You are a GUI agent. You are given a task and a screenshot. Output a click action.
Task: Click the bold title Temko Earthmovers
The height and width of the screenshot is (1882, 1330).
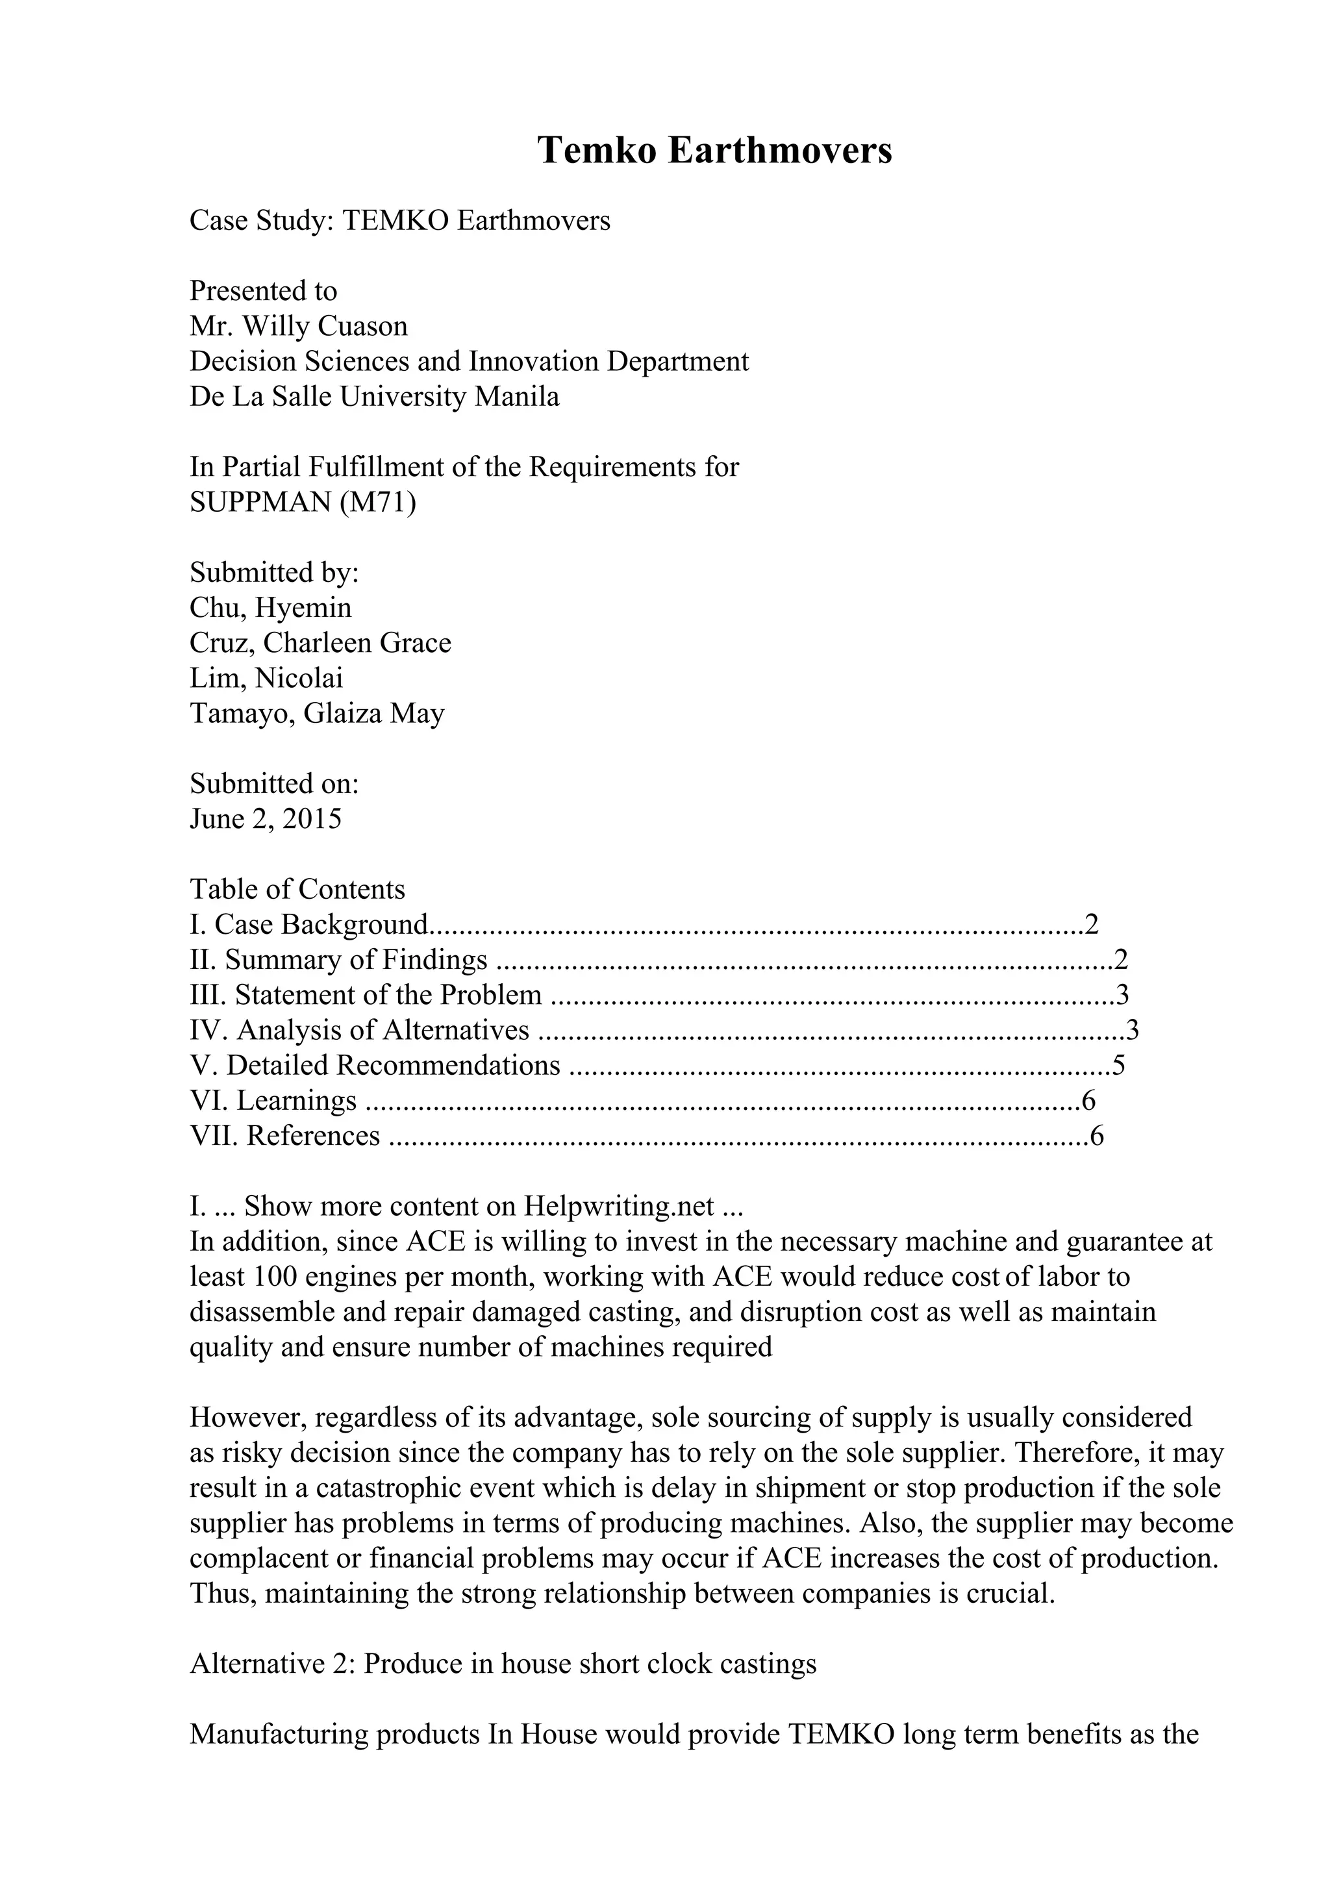[x=714, y=151]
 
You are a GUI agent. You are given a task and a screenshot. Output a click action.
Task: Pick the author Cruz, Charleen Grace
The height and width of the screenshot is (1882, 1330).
[x=320, y=644]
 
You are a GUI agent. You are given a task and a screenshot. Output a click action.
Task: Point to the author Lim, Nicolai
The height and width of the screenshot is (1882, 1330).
[x=266, y=679]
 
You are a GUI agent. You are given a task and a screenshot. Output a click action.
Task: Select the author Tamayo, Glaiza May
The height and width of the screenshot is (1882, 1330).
[x=316, y=714]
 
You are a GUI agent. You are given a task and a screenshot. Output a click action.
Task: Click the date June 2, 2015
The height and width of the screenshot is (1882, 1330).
[x=266, y=819]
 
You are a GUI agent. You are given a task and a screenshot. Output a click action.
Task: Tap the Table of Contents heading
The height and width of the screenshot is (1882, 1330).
[x=297, y=889]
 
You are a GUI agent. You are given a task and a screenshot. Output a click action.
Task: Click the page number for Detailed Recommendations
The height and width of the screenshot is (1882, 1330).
[x=1118, y=1066]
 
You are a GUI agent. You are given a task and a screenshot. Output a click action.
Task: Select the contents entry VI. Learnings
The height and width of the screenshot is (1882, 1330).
[x=273, y=1101]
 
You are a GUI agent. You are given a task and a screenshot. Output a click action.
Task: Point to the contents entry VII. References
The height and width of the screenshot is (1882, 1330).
[x=284, y=1136]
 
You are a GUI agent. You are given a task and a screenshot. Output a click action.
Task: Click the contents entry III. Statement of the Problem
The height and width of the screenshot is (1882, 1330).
[x=366, y=995]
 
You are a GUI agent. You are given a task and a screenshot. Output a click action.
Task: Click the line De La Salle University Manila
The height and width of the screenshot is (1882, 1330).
[x=375, y=397]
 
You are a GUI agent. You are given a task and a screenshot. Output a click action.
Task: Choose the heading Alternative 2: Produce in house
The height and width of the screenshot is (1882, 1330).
[x=503, y=1664]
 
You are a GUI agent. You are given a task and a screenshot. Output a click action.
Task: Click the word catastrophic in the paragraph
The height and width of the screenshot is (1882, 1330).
[x=403, y=1488]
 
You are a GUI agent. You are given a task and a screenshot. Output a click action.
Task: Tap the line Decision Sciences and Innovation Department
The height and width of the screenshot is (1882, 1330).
[x=469, y=362]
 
